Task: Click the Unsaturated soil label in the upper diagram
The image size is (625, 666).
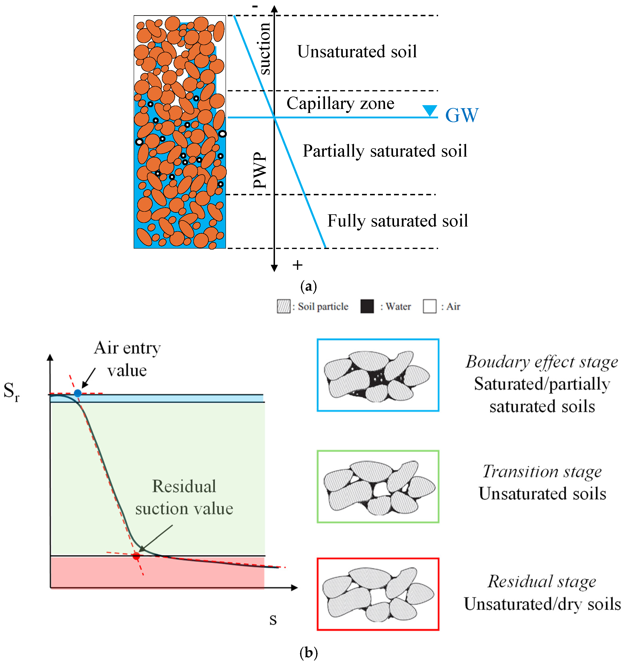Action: [x=357, y=52]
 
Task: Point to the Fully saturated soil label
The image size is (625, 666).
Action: [x=397, y=221]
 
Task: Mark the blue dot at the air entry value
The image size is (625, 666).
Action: [x=78, y=393]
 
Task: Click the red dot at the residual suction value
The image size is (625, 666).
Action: [x=136, y=556]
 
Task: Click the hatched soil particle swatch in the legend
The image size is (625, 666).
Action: [x=284, y=306]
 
